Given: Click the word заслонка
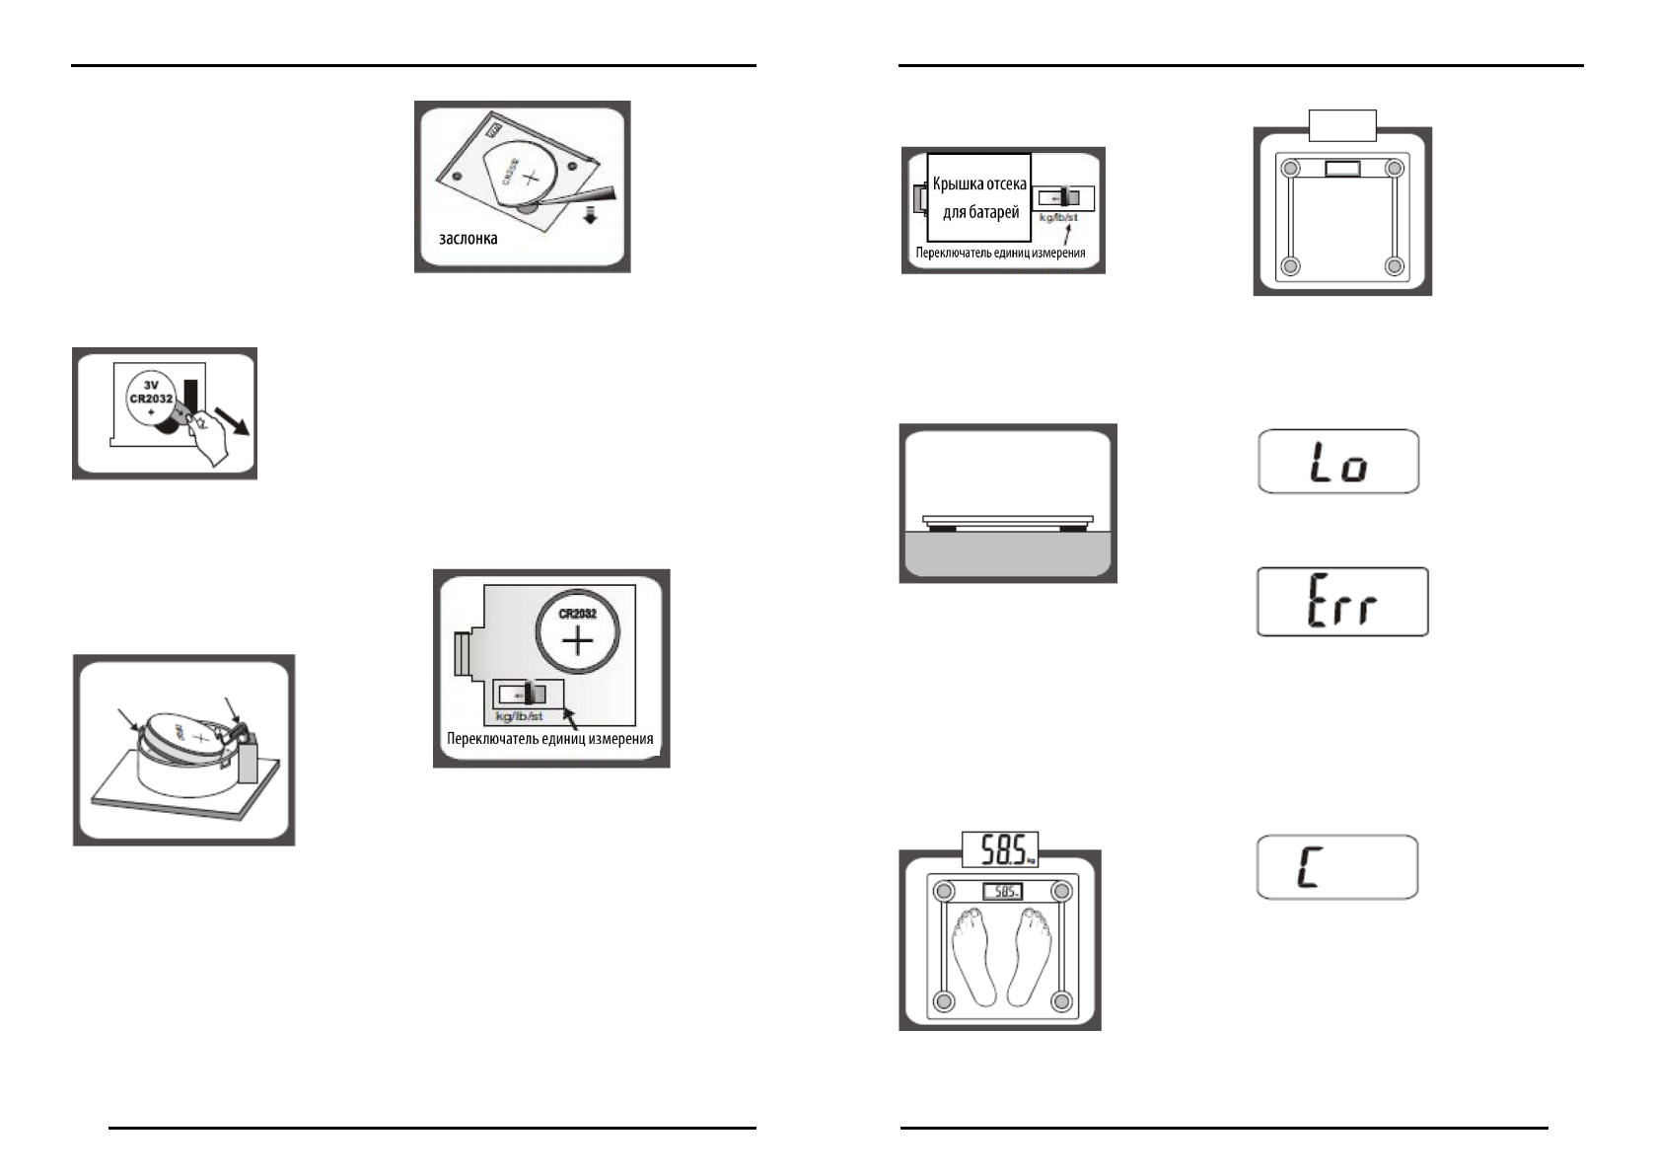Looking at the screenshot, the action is [x=468, y=239].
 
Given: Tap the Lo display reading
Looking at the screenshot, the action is [x=1338, y=462].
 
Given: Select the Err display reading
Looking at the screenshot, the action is [x=1341, y=602].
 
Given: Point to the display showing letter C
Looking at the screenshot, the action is [x=1336, y=867].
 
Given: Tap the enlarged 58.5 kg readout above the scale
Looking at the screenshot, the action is [x=1000, y=849].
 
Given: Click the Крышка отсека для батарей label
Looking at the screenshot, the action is [x=979, y=198].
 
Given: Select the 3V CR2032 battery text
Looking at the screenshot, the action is [x=151, y=393].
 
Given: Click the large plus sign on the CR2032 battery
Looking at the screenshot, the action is [x=578, y=643].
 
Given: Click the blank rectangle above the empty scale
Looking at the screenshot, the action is [x=1341, y=125].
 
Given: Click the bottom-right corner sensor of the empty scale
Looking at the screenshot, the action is [x=1393, y=265].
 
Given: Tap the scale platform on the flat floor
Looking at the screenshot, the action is [x=1007, y=519].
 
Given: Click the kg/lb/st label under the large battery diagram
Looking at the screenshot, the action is [x=519, y=715].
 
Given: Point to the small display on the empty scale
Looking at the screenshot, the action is [x=1342, y=169].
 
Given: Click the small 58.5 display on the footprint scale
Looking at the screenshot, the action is [x=1002, y=892].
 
